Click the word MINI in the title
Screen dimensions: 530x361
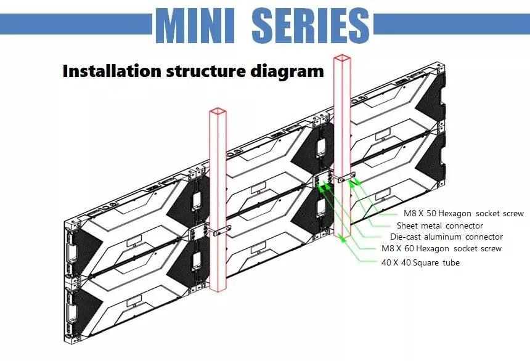195,26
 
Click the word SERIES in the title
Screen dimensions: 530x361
311,26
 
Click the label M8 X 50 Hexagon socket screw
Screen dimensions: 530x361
463,214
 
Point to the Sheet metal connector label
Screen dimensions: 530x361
440,225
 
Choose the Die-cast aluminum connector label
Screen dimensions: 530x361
446,237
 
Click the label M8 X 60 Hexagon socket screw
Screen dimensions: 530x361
441,248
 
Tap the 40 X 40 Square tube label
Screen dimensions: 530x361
420,262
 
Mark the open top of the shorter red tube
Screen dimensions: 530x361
218,112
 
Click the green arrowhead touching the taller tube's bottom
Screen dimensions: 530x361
343,238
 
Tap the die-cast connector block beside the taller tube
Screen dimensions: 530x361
322,179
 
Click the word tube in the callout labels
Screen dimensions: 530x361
451,262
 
